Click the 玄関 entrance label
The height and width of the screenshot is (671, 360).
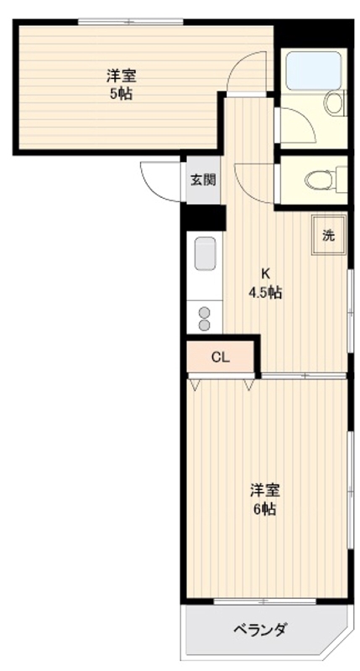point(202,179)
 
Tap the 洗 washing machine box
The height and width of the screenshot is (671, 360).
point(329,235)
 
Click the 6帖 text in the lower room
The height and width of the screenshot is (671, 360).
point(265,508)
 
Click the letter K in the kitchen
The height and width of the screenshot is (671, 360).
point(264,273)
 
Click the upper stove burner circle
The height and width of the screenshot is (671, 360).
point(205,312)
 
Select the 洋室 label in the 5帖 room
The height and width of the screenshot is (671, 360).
point(120,75)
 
